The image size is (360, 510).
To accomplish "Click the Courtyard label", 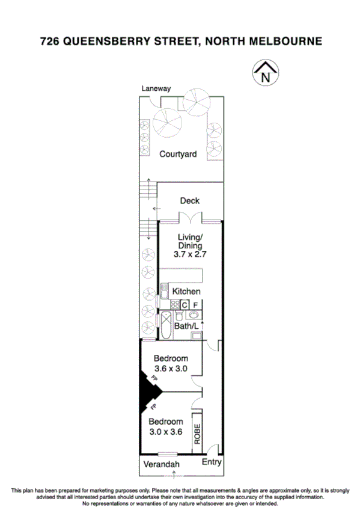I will coord(178,155).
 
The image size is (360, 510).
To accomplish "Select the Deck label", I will coord(190,201).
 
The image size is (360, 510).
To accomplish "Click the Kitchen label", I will coord(186,292).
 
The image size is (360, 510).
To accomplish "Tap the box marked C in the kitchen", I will coord(185,304).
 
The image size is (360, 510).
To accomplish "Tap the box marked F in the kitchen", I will coord(196,304).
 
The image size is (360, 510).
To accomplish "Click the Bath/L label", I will coord(186,326).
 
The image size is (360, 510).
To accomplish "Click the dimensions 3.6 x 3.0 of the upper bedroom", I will coord(171,369).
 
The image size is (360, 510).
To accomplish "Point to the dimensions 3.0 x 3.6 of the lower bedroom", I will coord(166,431).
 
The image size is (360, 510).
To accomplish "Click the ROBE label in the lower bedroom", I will coord(197,432).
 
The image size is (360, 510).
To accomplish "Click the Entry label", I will coord(212,462).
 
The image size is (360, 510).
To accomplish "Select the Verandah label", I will coord(160,465).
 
